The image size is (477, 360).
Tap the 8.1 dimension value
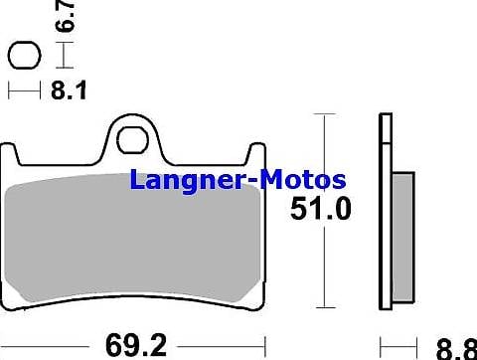68,91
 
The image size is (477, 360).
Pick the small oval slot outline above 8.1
23,56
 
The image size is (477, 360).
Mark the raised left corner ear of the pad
11,159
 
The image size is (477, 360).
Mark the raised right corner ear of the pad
256,158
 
